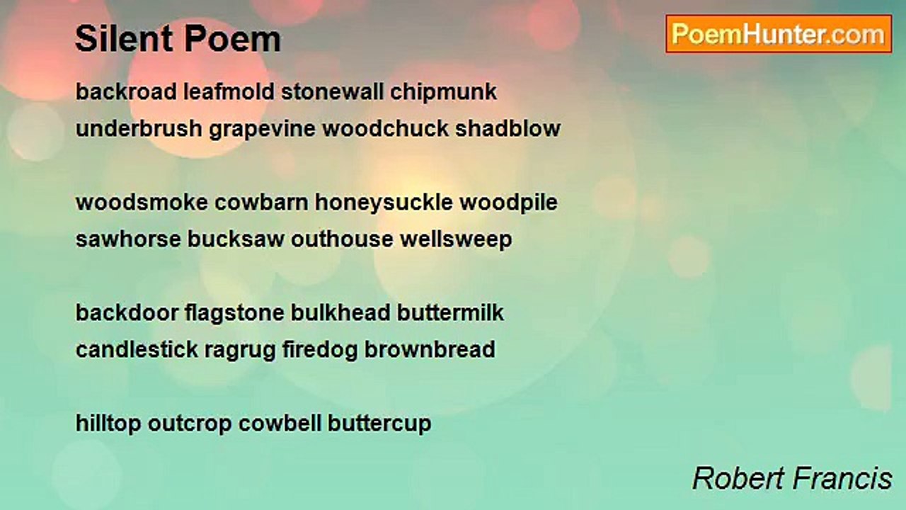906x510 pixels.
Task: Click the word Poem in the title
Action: coord(233,39)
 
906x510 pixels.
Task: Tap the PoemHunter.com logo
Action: coord(779,34)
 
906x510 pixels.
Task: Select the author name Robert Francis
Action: coord(792,479)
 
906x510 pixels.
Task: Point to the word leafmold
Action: coord(229,92)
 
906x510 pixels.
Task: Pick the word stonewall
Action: coord(332,92)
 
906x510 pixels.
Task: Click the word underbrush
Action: coord(139,129)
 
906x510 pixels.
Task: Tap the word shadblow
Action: coord(508,129)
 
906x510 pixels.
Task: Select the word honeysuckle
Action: coord(384,203)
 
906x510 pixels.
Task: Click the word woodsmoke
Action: coord(142,203)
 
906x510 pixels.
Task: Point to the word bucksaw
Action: coord(236,239)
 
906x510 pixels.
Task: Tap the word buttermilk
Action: coord(450,313)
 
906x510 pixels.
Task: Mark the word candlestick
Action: coord(137,350)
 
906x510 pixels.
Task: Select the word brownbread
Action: coord(430,350)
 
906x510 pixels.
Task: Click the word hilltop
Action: coord(108,424)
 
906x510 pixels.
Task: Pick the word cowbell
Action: coord(280,424)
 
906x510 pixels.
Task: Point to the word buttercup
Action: coord(379,424)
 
